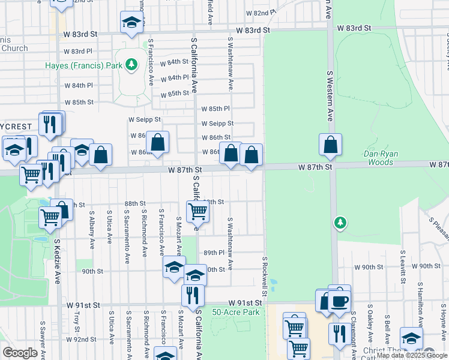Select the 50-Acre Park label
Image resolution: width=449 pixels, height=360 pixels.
pyautogui.click(x=236, y=313)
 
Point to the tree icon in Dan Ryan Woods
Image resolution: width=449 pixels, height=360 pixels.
pyautogui.click(x=340, y=223)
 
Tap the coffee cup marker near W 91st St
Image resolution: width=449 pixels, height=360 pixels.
pyautogui.click(x=340, y=299)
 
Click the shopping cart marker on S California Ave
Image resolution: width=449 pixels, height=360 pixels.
pyautogui.click(x=197, y=211)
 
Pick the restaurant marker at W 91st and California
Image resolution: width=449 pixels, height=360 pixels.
pyautogui.click(x=193, y=295)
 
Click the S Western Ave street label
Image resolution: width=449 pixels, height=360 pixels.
pyautogui.click(x=330, y=96)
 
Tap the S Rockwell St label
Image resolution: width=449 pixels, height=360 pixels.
pyautogui.click(x=264, y=278)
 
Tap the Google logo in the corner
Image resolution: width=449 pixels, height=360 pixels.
pyautogui.click(x=20, y=353)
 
